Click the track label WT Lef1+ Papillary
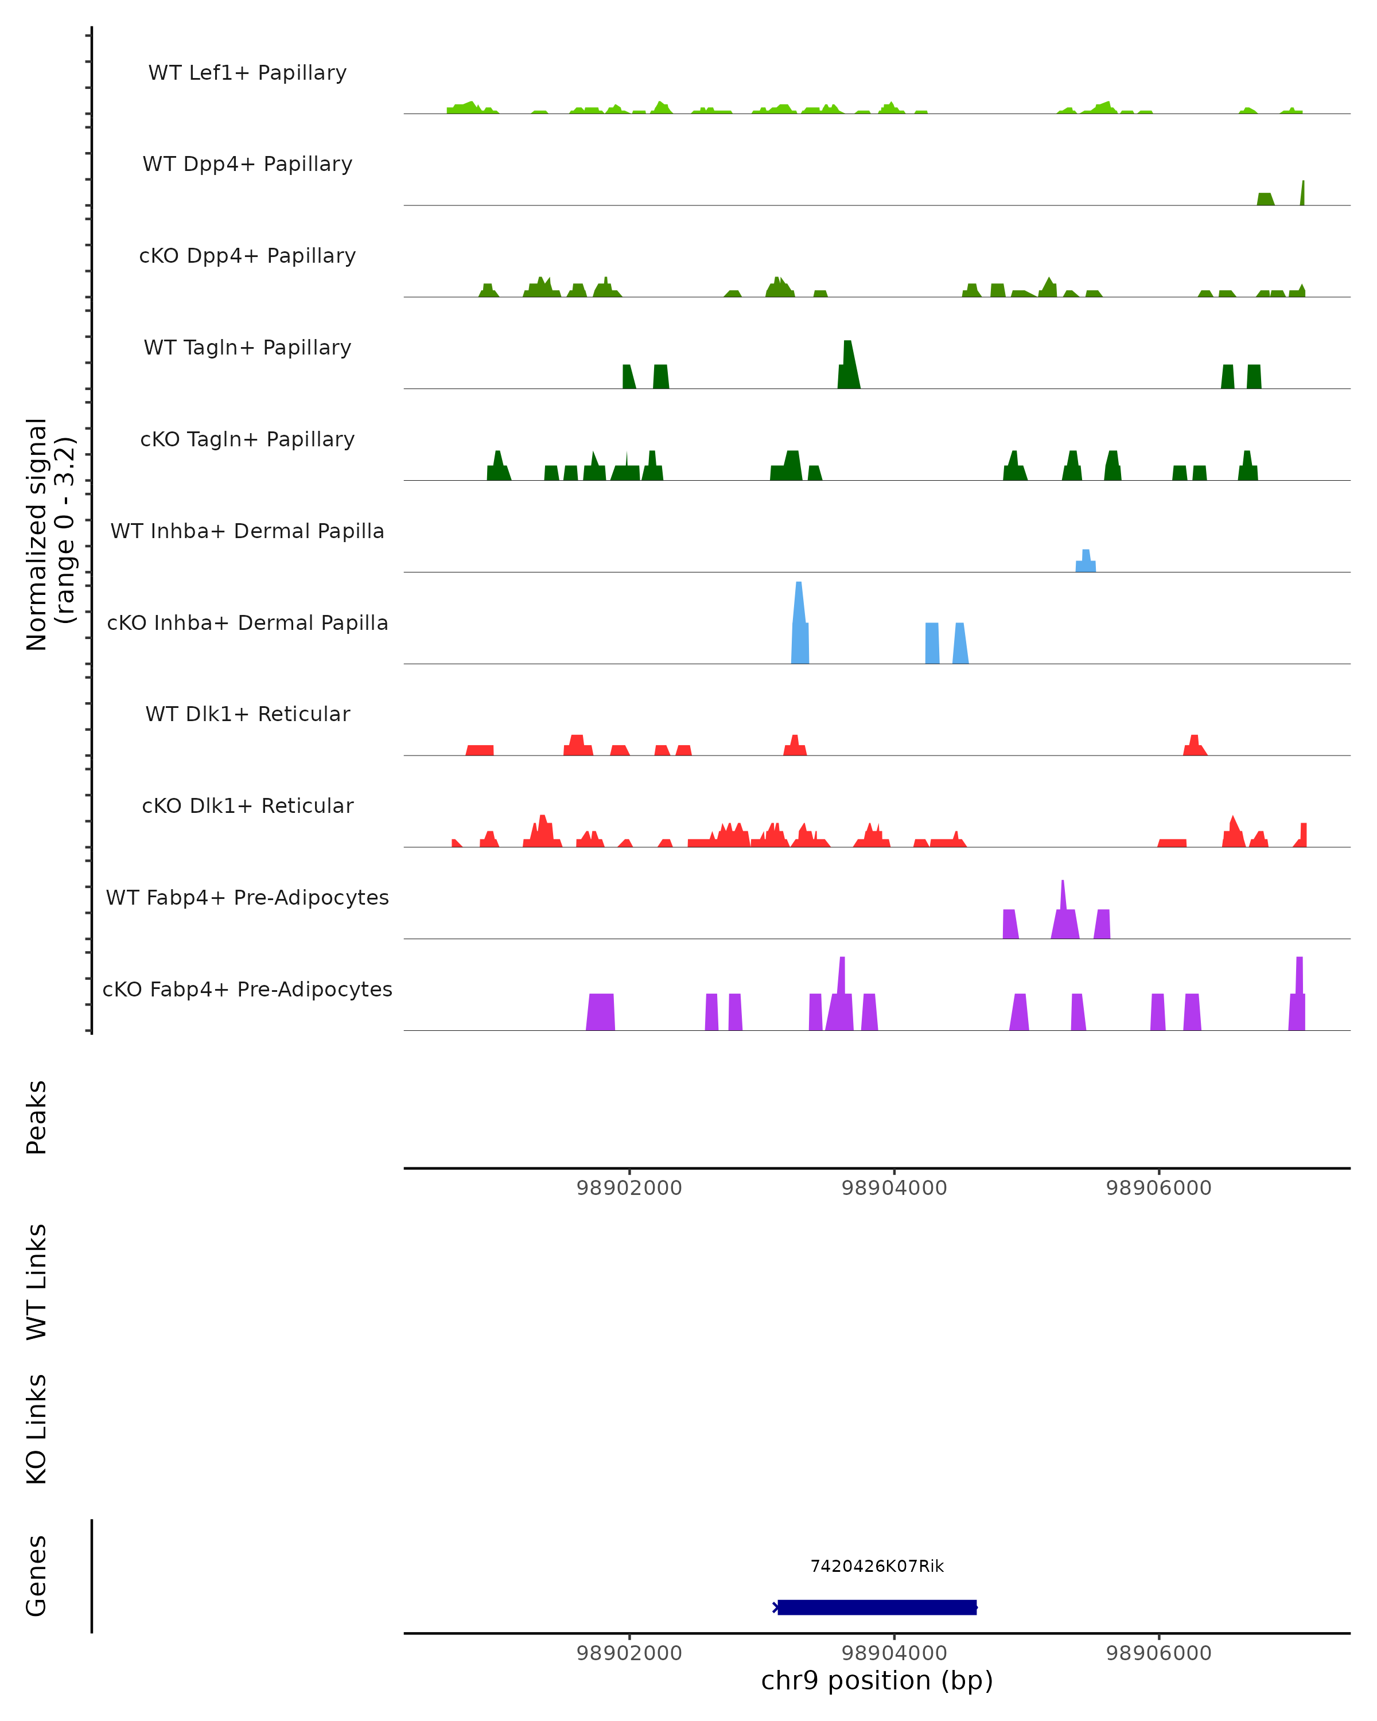(x=247, y=73)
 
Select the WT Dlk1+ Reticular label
(x=247, y=714)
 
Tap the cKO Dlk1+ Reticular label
(x=247, y=805)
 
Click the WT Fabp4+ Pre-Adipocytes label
(x=247, y=897)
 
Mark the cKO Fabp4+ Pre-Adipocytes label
(x=247, y=989)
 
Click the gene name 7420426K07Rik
(x=877, y=1566)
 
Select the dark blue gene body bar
(x=877, y=1607)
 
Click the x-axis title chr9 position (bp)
(x=877, y=1680)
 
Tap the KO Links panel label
(x=37, y=1429)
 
